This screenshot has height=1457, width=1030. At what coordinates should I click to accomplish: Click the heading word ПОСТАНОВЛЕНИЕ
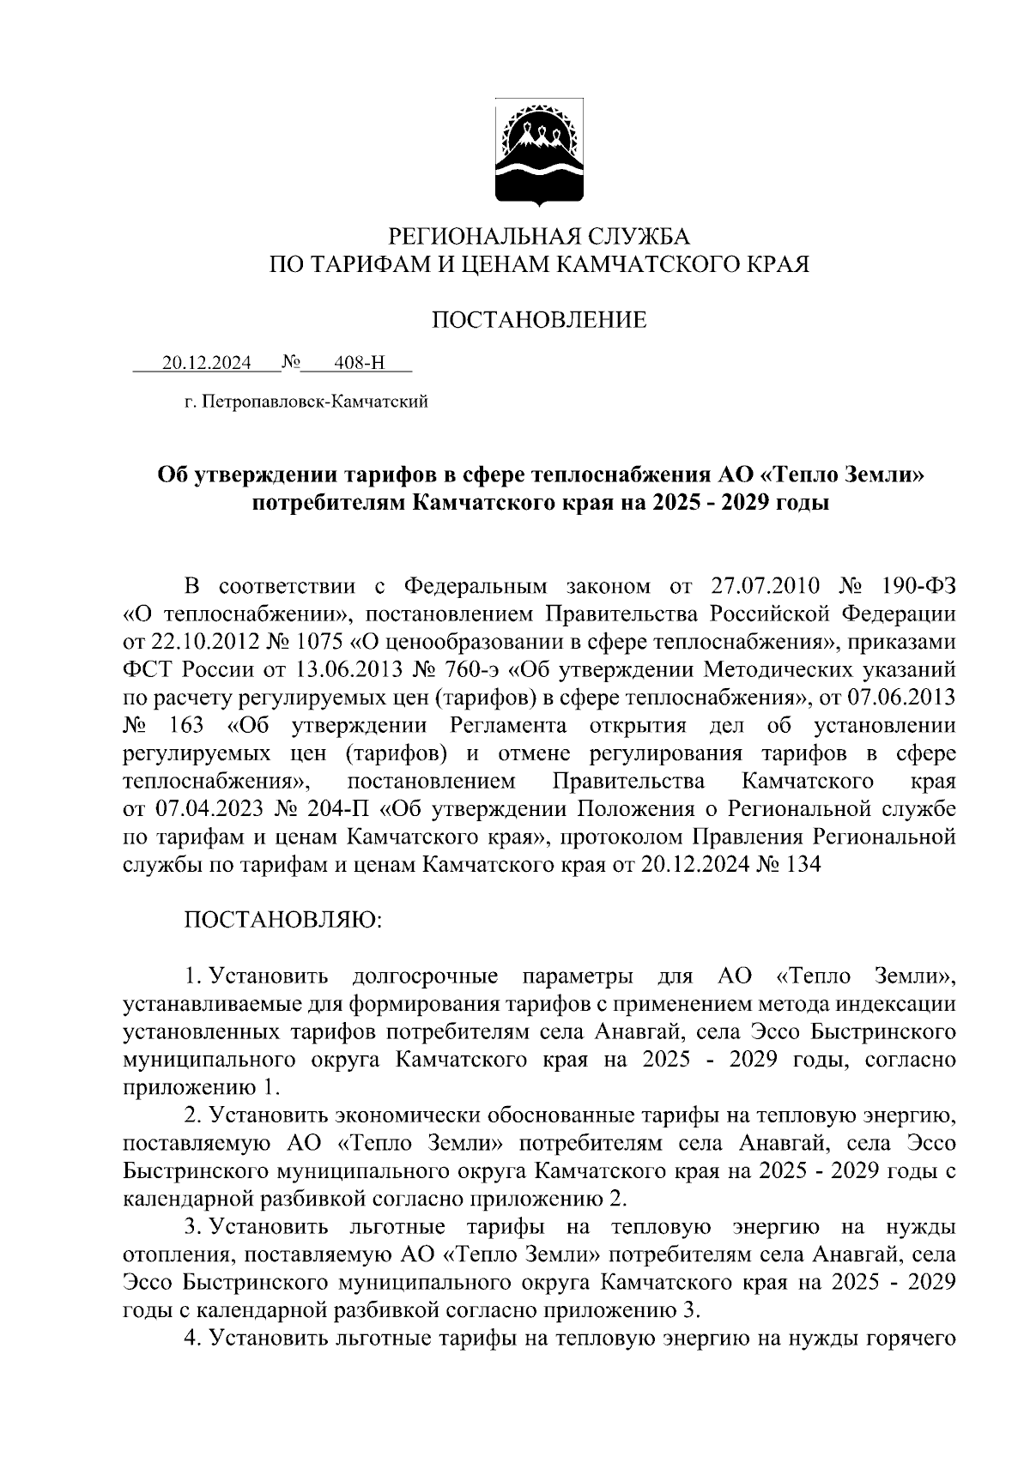click(x=538, y=321)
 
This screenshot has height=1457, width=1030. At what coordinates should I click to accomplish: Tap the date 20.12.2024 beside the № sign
click(x=207, y=364)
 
